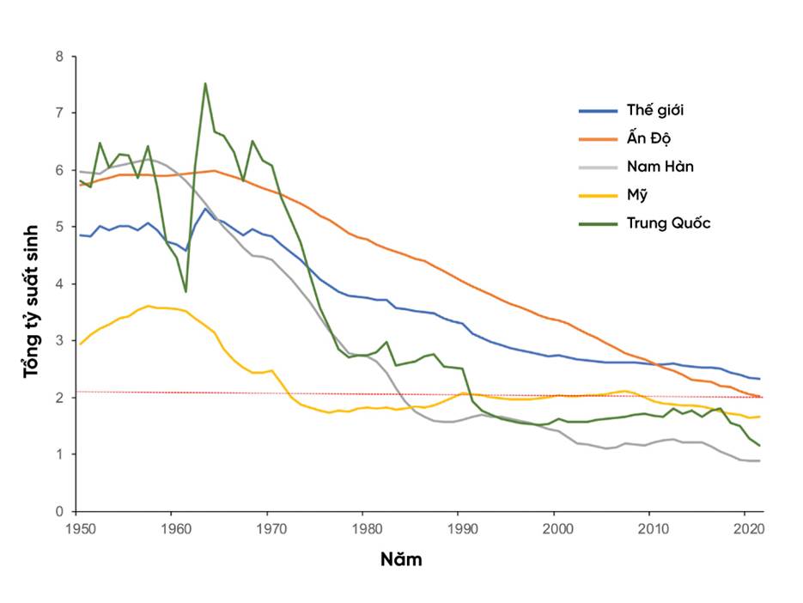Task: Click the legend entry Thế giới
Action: tap(655, 110)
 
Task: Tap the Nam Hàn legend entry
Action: tap(660, 167)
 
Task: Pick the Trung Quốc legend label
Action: tap(668, 223)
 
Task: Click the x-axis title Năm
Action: tap(401, 560)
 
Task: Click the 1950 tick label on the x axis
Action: tap(76, 528)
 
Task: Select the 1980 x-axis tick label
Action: tap(363, 528)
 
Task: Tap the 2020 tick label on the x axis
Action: tap(745, 528)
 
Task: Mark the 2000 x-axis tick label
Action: tap(555, 528)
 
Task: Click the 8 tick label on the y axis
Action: tap(59, 57)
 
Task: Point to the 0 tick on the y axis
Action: tap(59, 511)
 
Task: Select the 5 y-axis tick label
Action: tap(59, 228)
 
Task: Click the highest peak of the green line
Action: tap(205, 83)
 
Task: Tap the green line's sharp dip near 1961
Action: tap(186, 291)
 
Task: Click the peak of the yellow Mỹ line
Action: tap(149, 306)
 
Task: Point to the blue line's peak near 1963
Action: tap(205, 209)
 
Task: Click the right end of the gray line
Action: tap(760, 461)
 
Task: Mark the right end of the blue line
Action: tap(760, 379)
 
